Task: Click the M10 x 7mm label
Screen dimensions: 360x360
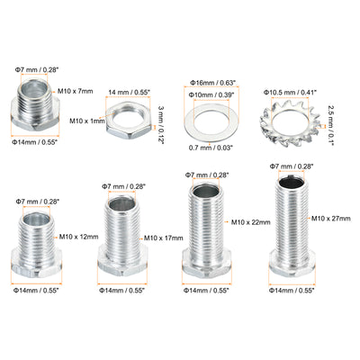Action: point(76,91)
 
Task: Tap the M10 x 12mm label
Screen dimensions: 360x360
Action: point(78,237)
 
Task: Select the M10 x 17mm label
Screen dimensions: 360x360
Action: point(164,238)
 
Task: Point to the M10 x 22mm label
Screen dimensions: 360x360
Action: point(251,222)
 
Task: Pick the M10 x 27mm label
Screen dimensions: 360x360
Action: point(331,219)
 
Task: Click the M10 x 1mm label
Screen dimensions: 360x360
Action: point(87,121)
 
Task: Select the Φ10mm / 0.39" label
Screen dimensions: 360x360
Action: point(211,94)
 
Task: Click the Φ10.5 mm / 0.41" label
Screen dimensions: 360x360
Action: point(290,93)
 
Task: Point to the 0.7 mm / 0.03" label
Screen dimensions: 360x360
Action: point(211,148)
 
